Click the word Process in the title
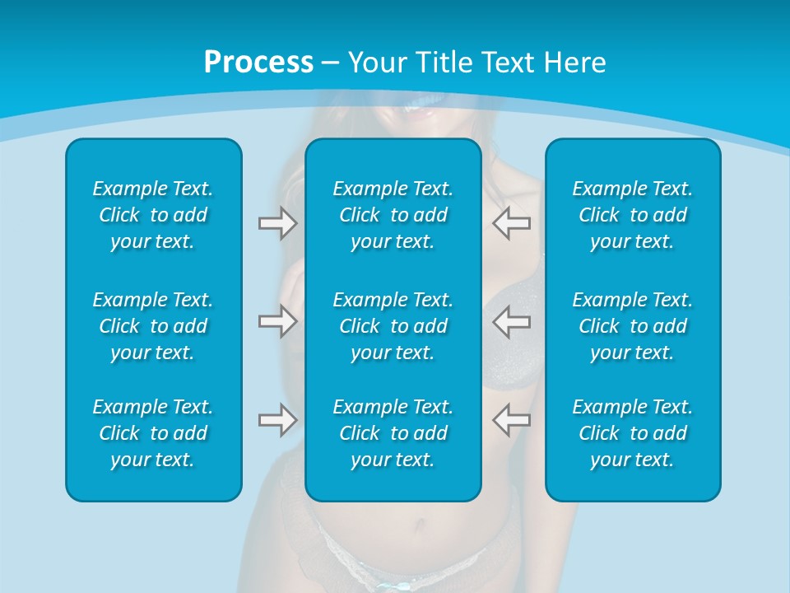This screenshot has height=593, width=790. [258, 63]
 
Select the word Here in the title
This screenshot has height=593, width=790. [574, 63]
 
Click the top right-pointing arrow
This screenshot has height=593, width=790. [277, 223]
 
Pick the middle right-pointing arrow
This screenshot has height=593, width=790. [277, 321]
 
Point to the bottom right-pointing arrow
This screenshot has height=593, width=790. [277, 420]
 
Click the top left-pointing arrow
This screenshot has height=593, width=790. [511, 223]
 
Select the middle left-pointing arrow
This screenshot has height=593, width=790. [511, 321]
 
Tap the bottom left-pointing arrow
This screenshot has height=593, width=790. [511, 420]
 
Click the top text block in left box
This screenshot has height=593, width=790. [153, 215]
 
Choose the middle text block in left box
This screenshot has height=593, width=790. [153, 326]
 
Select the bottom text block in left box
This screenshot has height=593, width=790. [153, 433]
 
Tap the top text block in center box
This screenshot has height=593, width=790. [393, 215]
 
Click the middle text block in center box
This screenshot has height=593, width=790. [393, 326]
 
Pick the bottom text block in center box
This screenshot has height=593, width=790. [393, 433]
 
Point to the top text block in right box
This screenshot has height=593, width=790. [633, 215]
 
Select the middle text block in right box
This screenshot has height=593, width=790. [633, 326]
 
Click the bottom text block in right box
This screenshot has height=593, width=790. [633, 433]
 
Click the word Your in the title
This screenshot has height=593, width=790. [377, 63]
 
